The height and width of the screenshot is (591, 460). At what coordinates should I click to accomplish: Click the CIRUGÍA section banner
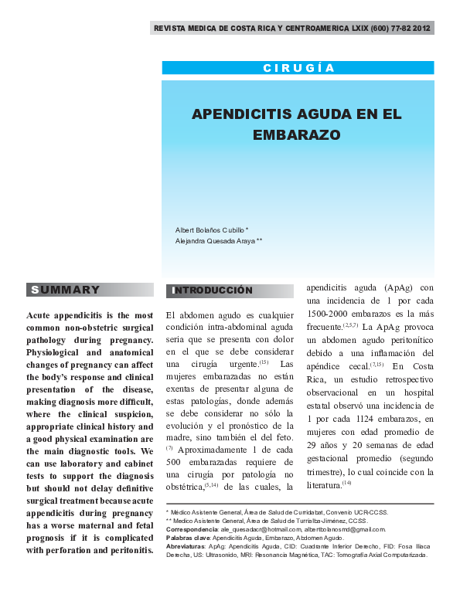pyautogui.click(x=298, y=68)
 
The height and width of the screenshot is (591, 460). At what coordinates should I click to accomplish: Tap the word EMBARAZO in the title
pyautogui.click(x=297, y=134)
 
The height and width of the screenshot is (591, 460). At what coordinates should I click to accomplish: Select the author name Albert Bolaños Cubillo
pyautogui.click(x=210, y=229)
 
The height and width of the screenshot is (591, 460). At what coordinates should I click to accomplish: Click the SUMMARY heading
pyautogui.click(x=65, y=290)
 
